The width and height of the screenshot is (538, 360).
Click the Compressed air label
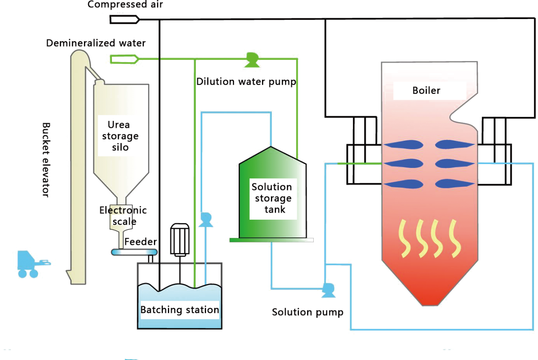coord(125,4)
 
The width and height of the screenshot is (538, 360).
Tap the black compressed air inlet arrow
coord(125,20)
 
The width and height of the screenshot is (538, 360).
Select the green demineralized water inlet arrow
coord(124,59)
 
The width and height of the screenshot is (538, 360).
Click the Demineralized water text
coord(96,43)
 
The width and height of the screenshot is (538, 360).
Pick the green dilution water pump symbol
coord(252,60)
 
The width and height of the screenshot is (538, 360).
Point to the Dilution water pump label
coord(246,82)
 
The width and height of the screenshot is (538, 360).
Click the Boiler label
coord(426,91)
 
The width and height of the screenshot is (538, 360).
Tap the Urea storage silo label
coord(120,136)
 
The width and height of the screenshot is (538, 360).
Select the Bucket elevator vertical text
coord(46,160)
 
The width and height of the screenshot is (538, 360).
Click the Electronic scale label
coord(123,216)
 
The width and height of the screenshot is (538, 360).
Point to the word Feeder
coord(141,242)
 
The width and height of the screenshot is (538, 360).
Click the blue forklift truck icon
coord(33,264)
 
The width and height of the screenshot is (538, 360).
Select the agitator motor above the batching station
coord(180,239)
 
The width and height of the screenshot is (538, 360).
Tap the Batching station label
coord(180,310)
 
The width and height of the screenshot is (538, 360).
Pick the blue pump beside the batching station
coord(206,220)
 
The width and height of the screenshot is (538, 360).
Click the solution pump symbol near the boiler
coord(328,290)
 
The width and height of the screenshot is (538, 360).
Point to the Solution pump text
coord(308,313)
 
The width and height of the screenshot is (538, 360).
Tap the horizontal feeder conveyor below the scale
coord(134,252)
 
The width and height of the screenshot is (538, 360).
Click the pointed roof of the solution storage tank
coord(272,155)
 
